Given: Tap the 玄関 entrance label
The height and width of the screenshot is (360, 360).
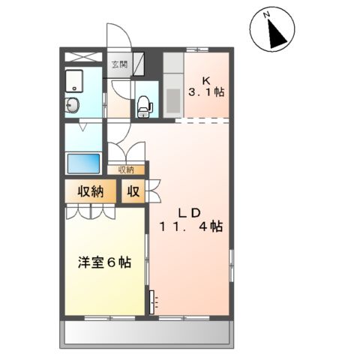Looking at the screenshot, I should [119, 64].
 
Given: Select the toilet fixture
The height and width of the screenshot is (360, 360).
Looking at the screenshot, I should [144, 105].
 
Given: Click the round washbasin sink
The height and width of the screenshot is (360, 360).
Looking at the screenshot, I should [74, 105].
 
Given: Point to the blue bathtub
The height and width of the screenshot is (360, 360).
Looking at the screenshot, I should [84, 162].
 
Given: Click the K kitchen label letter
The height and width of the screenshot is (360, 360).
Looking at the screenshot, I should [204, 79].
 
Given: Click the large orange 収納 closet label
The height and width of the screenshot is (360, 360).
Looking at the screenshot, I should [88, 191].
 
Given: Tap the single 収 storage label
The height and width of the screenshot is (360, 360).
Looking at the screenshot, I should [133, 191].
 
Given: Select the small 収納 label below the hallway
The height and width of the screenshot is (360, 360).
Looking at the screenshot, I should [126, 169].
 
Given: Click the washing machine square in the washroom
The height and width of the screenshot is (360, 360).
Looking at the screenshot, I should [74, 79].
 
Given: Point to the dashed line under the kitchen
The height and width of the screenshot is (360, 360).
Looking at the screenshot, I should [204, 120].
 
